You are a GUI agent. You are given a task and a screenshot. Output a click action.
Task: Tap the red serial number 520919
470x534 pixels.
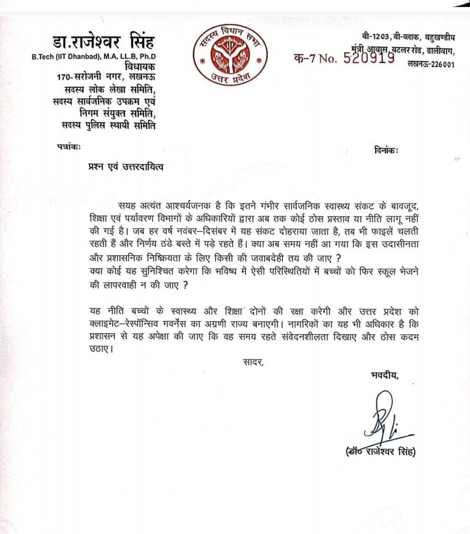(x=369, y=58)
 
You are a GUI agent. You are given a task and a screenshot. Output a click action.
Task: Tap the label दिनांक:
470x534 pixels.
(x=386, y=151)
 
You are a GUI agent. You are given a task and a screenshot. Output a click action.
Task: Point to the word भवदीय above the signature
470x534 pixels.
(x=384, y=374)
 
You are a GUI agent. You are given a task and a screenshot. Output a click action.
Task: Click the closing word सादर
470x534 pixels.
(x=253, y=361)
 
